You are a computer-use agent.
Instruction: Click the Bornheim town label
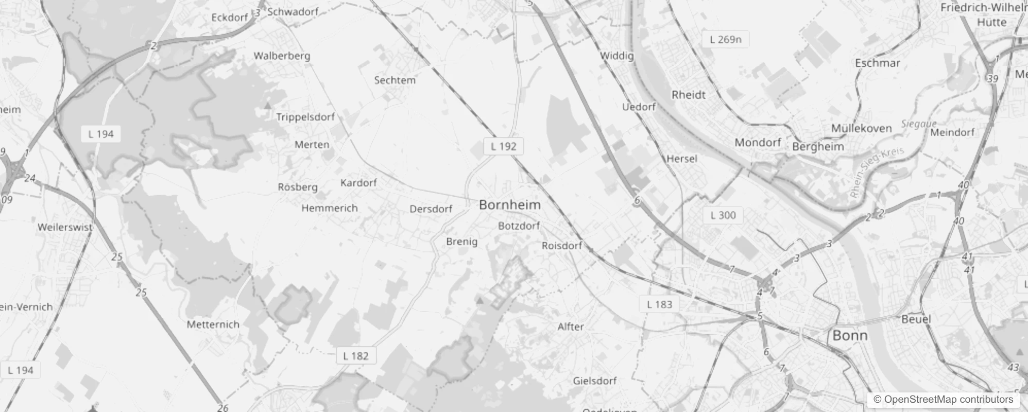[509, 204]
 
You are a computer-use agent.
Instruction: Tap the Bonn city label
[850, 336]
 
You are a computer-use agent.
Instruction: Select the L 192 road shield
[503, 146]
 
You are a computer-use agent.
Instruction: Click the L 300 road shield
[723, 215]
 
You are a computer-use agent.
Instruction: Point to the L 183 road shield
[659, 304]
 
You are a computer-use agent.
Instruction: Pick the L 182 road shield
[356, 356]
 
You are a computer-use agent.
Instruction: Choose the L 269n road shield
[725, 40]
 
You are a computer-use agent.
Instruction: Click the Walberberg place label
[282, 56]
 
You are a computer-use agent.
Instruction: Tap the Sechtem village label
[395, 80]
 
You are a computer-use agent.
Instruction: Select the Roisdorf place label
[561, 246]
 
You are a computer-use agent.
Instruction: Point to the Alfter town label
[571, 327]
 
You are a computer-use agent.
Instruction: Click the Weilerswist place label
[65, 227]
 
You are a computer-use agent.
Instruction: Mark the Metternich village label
[213, 324]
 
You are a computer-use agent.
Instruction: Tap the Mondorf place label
[758, 143]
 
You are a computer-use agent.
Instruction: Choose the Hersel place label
[681, 159]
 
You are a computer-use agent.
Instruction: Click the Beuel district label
[916, 319]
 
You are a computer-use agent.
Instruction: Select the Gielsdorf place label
[594, 381]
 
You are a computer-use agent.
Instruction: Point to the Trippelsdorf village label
[305, 117]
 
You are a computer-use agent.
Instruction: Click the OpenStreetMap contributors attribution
[943, 400]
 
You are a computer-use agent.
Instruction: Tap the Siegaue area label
[919, 124]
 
